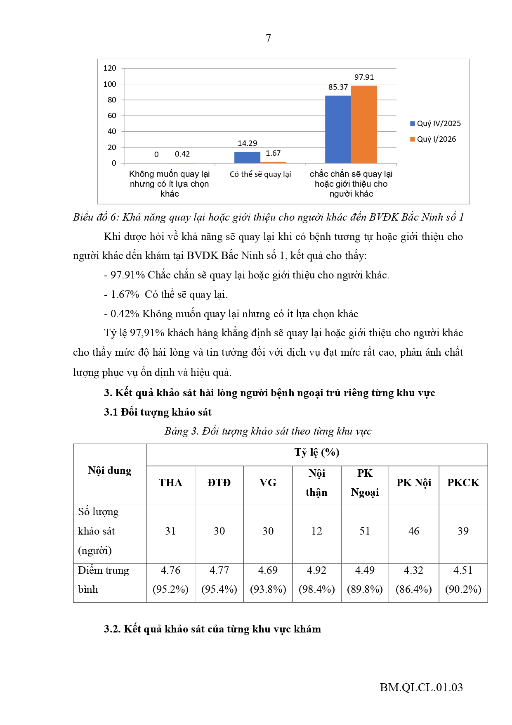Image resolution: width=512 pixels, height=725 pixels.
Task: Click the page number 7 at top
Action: (268, 38)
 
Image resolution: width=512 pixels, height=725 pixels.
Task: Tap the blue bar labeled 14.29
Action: (247, 157)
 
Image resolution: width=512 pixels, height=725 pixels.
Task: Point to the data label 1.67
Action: (273, 153)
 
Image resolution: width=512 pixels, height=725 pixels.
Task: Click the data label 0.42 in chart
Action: (182, 154)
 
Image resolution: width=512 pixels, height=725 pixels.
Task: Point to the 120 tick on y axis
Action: (110, 68)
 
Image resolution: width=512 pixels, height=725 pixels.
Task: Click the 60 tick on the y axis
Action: (112, 116)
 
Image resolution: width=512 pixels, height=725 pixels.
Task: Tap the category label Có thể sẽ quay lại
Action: (260, 174)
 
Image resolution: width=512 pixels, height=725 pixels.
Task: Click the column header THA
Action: (170, 483)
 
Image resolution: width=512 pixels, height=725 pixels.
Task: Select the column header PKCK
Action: (463, 483)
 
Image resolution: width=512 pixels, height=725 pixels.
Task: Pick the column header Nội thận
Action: (316, 483)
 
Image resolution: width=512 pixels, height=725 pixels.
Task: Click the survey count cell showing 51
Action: (365, 531)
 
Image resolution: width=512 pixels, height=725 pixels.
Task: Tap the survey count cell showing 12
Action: (316, 531)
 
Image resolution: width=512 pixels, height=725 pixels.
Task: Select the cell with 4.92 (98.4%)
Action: (316, 580)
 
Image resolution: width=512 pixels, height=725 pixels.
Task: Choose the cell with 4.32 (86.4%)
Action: (413, 580)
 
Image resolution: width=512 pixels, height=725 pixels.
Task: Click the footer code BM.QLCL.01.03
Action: (421, 687)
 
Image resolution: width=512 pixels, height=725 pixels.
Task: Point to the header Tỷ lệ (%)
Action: (316, 452)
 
